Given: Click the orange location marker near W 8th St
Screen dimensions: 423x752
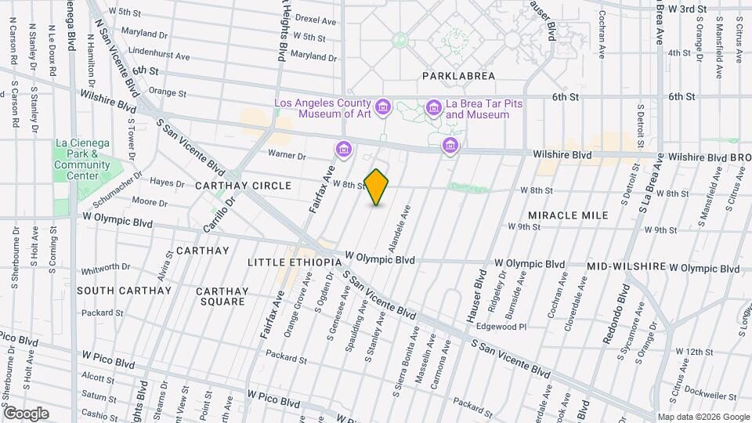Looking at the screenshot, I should pos(377,187).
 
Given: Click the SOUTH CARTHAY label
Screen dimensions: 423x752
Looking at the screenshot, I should pos(124,290).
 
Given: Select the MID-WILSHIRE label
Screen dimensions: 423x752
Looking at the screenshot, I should pos(625,267).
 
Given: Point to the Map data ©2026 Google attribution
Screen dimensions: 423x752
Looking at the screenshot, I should pos(703,417).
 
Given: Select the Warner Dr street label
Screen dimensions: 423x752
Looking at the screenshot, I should pos(287,155).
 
